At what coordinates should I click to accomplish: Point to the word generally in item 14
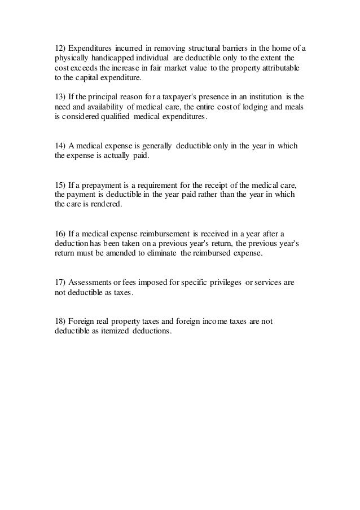(155, 146)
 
